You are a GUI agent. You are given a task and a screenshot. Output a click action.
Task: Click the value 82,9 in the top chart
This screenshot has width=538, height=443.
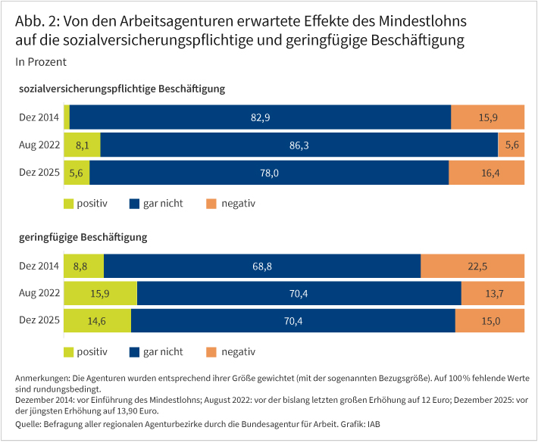pos(260,117)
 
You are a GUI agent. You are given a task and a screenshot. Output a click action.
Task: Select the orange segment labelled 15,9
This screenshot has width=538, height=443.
pos(487,117)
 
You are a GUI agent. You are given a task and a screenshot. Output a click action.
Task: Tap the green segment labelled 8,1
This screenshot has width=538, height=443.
pos(83,145)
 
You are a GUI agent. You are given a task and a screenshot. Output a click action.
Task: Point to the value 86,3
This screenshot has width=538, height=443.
pos(299,145)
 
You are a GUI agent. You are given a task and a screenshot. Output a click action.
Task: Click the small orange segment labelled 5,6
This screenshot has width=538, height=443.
pos(511,145)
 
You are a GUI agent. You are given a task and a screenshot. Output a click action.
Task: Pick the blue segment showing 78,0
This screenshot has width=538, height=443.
pos(269,173)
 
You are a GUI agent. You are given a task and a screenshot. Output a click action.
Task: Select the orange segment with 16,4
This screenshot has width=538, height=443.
pos(486,173)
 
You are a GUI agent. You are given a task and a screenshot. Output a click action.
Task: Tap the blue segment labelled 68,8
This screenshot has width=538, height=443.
pos(262,266)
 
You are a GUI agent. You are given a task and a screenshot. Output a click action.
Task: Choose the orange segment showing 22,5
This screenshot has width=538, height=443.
pos(473,266)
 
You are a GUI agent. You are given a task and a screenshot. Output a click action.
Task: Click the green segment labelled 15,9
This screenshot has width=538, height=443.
pos(101,293)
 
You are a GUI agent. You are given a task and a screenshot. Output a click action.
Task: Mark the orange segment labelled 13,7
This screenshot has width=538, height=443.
pos(493,293)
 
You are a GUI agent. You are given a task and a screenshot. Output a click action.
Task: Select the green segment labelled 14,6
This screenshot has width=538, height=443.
pos(98,320)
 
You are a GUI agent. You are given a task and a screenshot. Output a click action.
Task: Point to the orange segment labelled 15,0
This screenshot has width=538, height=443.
pos(490,320)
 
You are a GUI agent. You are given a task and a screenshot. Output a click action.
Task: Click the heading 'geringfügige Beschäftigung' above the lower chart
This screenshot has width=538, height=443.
pos(83,237)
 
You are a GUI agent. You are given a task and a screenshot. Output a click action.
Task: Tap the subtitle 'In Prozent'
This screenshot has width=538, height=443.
pos(40,61)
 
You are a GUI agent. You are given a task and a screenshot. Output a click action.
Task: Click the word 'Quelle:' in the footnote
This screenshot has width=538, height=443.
pos(30,423)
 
